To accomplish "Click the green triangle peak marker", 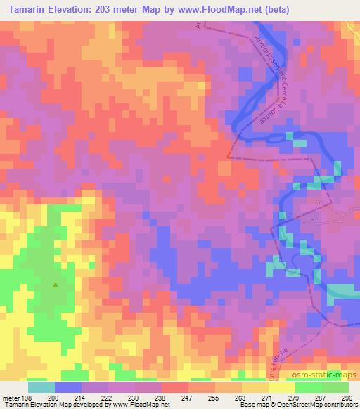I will click(x=55, y=285).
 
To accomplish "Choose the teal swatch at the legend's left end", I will click(x=41, y=387).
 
